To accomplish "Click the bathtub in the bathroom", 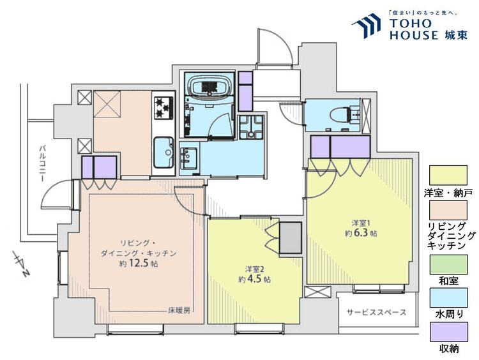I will pos(209,87).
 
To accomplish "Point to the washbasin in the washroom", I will pos(188,156).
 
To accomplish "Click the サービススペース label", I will pos(376,313).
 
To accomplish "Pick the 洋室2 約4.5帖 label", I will pos(254,274).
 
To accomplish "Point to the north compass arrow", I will pos(19,264).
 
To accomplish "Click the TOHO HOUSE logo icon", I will pos(369,27).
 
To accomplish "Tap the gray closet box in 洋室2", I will pos(291,237).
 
